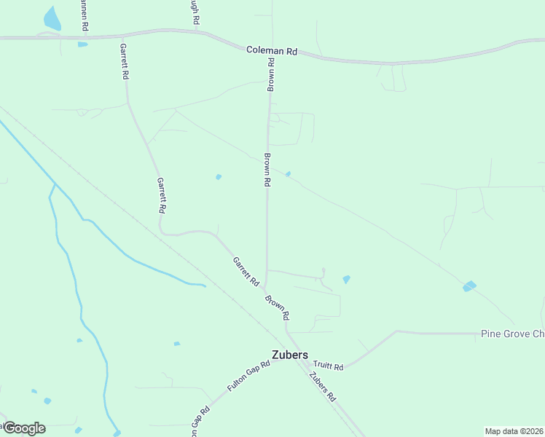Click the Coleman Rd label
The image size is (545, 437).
[272, 51]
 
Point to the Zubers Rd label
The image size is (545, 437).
[321, 387]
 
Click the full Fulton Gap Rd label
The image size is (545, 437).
[248, 377]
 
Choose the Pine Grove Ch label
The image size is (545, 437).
[512, 334]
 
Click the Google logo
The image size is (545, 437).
[23, 428]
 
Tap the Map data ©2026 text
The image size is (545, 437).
[514, 431]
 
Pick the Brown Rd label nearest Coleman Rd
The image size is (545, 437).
[271, 74]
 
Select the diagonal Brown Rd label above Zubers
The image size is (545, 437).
[278, 307]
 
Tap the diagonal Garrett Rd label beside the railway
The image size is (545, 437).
[246, 271]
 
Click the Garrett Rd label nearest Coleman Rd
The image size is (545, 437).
[125, 60]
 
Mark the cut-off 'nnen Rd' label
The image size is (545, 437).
[85, 15]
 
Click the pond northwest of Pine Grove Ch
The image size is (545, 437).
[469, 286]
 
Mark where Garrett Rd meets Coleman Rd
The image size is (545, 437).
[122, 35]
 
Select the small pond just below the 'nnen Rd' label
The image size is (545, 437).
[82, 44]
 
